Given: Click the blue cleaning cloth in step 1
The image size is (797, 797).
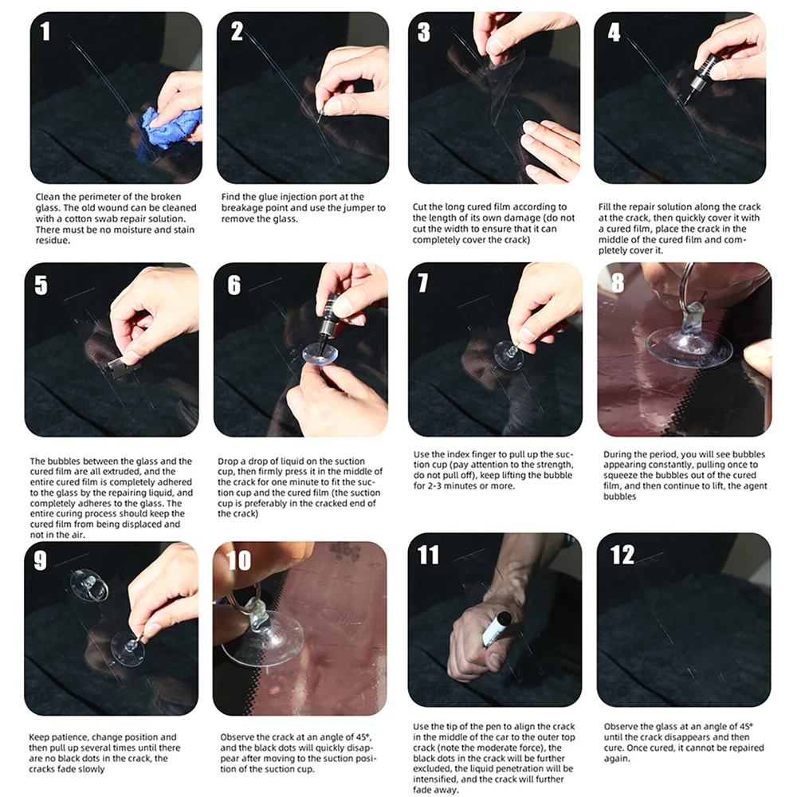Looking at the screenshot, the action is (167, 127).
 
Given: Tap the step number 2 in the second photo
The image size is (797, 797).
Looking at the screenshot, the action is (237, 32).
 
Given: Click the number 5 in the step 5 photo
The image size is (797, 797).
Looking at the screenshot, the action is (41, 285).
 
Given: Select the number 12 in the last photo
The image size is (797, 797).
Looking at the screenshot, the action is (622, 555).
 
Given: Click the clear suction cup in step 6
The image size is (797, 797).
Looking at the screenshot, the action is (320, 353).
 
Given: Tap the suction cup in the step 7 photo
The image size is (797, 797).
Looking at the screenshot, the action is (508, 355).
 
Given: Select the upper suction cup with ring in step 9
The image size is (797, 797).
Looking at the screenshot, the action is (89, 586).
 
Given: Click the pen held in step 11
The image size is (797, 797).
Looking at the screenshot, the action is (496, 629).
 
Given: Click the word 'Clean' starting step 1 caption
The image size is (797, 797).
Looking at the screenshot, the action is (48, 197).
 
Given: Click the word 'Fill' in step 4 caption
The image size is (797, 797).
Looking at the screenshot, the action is (604, 207).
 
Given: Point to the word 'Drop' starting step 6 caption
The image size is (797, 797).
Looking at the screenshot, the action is (228, 461).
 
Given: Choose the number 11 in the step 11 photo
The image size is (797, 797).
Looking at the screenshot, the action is (427, 555).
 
